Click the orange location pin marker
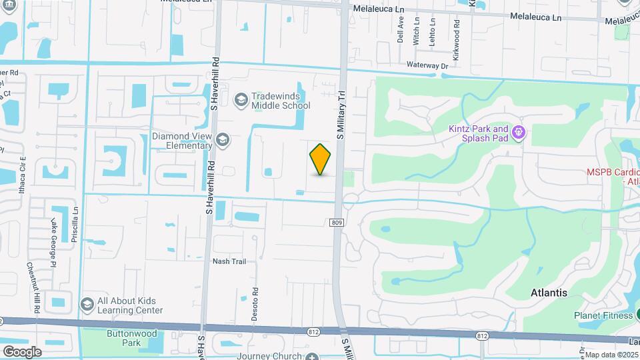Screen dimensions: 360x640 tap(321, 159)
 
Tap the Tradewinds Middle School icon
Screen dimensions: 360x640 tap(241, 100)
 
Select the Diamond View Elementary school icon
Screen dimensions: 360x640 tap(223, 140)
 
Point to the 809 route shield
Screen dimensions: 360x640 tap(337, 223)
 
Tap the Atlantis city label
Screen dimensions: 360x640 tap(549, 293)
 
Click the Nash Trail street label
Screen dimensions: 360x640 tap(229, 261)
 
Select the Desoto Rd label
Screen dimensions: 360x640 tap(255, 303)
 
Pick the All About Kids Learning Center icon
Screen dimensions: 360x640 tap(87, 305)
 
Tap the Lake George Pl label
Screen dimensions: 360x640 tap(53, 237)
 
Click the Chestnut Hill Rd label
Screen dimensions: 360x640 tap(31, 287)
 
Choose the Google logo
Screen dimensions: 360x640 tap(22, 351)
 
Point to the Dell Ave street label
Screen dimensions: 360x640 tap(401, 30)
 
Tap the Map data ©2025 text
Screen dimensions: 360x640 tap(611, 355)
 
